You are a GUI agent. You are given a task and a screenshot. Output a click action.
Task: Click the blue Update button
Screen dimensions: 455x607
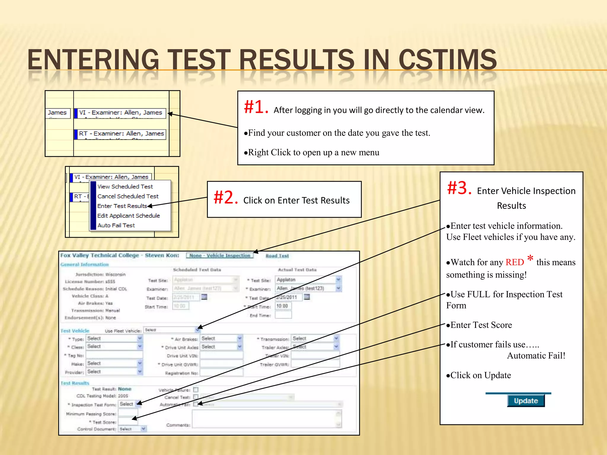[x=525, y=401]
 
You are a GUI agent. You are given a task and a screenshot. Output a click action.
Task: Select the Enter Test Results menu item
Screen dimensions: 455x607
[x=122, y=206]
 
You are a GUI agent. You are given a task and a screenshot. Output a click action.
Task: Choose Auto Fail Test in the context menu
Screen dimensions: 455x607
[x=116, y=225]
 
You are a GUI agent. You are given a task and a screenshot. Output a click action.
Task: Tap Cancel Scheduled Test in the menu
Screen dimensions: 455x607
[x=128, y=196]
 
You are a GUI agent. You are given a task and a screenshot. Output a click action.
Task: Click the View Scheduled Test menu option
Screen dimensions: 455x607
[x=125, y=186]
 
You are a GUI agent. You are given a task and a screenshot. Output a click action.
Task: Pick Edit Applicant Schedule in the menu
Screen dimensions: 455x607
[x=128, y=216]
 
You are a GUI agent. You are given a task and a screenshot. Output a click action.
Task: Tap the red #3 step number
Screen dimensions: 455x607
[x=459, y=188]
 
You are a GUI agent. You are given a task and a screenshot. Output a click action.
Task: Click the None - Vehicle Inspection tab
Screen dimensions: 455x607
[x=220, y=256]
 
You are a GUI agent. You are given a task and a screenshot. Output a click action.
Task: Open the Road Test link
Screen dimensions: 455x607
[x=277, y=256]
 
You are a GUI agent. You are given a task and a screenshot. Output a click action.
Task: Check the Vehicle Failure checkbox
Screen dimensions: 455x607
[x=196, y=390]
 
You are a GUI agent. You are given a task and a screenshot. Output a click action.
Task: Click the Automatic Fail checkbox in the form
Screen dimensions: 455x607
[x=196, y=404]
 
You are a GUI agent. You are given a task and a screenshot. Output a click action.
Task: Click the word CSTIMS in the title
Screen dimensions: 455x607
[x=448, y=60]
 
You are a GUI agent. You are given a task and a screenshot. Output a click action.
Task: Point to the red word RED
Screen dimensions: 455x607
[x=515, y=262]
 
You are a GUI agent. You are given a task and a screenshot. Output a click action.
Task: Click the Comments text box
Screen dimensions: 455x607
[x=266, y=419]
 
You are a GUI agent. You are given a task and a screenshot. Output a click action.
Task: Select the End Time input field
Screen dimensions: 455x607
[x=283, y=315]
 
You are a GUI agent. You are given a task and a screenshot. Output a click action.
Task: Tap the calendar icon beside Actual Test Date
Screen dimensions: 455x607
[x=307, y=297]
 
